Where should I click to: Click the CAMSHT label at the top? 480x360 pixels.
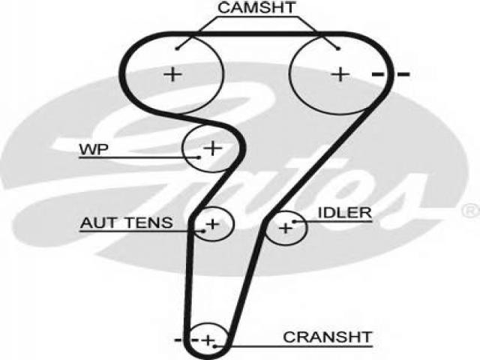[x=256, y=7]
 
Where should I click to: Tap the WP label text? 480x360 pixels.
[x=94, y=150]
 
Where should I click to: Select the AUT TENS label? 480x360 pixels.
[x=127, y=223]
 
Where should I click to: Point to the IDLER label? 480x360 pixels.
[x=345, y=213]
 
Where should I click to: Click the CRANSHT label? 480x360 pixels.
[x=327, y=337]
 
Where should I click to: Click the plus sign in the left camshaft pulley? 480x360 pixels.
[x=173, y=74]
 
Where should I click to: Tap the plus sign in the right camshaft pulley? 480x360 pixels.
[x=340, y=74]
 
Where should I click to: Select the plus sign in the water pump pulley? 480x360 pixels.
[x=213, y=148]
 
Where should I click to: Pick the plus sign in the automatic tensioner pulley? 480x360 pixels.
[x=213, y=224]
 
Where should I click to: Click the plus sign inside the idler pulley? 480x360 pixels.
[x=286, y=228]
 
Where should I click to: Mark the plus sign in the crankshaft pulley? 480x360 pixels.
[x=208, y=340]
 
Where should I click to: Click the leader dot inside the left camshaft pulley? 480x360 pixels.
[x=177, y=48]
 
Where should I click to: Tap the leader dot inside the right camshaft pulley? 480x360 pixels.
[x=338, y=48]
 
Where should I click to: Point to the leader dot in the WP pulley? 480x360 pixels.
[x=199, y=157]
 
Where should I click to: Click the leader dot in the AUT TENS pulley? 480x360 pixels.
[x=203, y=231]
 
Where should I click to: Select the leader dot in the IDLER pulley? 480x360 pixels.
[x=294, y=222]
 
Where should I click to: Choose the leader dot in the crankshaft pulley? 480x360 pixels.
[x=215, y=346]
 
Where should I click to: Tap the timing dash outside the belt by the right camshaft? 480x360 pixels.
[x=403, y=74]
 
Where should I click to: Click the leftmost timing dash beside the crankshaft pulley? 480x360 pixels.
[x=178, y=340]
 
